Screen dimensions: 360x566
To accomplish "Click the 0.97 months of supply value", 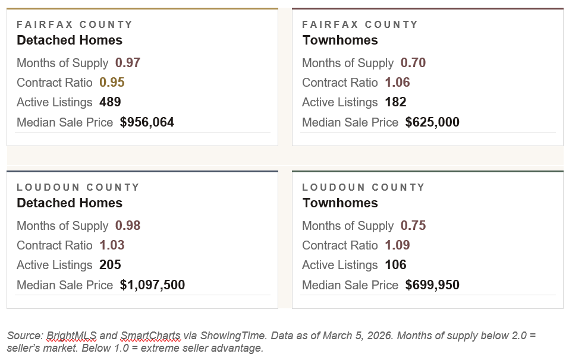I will (x=127, y=63).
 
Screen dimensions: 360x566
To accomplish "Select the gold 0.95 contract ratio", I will (x=112, y=83).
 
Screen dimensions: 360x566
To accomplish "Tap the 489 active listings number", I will (x=110, y=102).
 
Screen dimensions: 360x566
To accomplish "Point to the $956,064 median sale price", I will (x=147, y=122).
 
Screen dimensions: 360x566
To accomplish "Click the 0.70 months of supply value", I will (x=413, y=63).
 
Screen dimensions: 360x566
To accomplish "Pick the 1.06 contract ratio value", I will (x=397, y=83).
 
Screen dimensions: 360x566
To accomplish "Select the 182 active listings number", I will (x=395, y=102).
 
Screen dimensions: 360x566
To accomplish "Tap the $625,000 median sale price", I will (x=432, y=122).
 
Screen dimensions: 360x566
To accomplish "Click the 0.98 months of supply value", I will (x=127, y=226).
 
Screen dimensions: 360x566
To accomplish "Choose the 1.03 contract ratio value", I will (x=112, y=245).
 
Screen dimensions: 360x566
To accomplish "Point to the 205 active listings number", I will (x=110, y=265).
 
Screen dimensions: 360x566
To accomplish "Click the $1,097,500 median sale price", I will (x=152, y=285).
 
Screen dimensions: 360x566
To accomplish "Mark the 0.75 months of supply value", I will (x=413, y=226).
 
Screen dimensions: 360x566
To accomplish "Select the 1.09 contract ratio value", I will (x=397, y=245).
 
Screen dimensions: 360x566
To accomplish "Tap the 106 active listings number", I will (x=395, y=265).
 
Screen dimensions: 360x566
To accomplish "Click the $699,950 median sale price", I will (x=432, y=285).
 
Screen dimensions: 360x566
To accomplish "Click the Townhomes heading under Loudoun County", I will (x=340, y=203).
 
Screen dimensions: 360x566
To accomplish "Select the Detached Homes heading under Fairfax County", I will (x=70, y=40).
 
